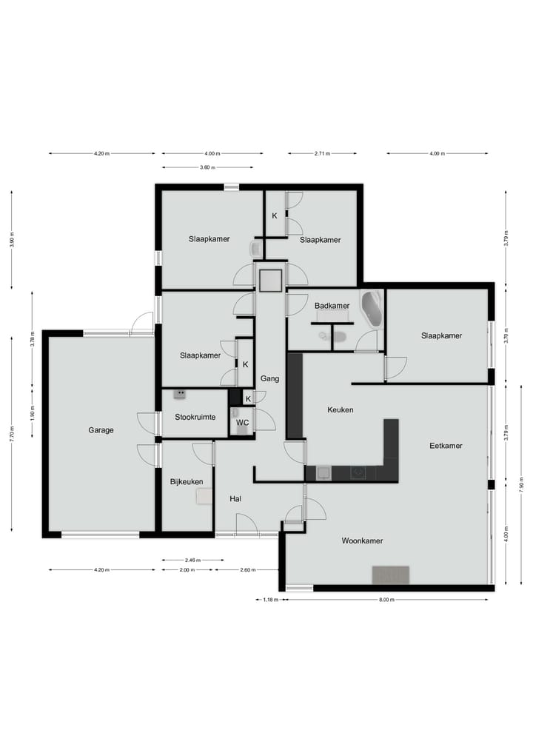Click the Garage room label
[x=101, y=429]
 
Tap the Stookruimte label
[x=195, y=417]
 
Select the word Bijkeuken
[x=187, y=481]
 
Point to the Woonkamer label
[x=362, y=541]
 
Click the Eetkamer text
[x=446, y=446]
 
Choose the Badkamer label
[x=332, y=306]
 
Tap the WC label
[x=241, y=423]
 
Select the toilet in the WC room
[x=241, y=430]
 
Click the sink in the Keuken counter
[x=324, y=472]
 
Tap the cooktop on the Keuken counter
[x=359, y=472]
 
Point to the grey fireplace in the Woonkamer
[x=390, y=575]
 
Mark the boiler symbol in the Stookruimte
[x=179, y=395]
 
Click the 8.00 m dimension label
[x=386, y=599]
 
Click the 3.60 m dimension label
[x=207, y=167]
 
